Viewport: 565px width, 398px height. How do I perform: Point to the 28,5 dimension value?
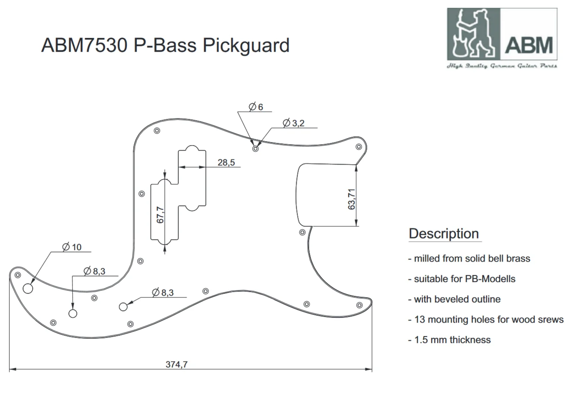pos(226,162)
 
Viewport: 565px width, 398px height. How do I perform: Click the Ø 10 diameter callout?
pos(72,247)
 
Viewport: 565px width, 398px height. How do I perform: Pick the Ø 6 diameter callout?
pos(256,107)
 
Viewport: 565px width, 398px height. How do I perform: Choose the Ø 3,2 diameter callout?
pos(294,123)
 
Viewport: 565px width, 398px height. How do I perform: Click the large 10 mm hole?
pos(28,289)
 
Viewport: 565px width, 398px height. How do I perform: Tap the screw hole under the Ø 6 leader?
pos(256,149)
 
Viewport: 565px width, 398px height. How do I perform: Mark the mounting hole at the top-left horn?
pos(157,131)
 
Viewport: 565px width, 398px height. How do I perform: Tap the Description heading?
pos(444,233)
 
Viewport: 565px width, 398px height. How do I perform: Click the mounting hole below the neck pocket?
pos(302,232)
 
